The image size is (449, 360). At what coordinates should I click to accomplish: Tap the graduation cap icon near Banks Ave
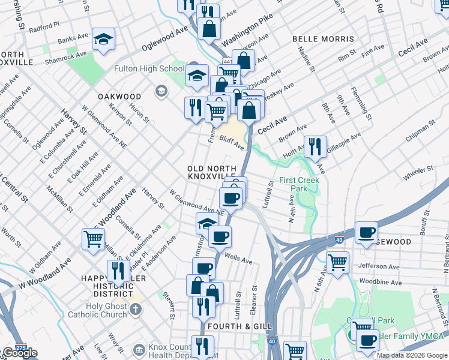pos(103,39)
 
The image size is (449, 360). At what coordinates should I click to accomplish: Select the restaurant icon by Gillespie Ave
pos(315,146)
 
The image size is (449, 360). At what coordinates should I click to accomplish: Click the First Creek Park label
pos(300,184)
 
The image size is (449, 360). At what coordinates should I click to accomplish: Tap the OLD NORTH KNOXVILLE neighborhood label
pos(211,172)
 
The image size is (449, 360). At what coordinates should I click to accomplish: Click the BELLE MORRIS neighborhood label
pos(323,39)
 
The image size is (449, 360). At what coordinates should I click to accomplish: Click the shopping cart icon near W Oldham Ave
pos(93,238)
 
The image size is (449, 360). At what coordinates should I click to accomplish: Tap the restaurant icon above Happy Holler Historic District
pos(118,271)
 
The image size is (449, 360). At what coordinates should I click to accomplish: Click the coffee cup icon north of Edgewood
pos(366,232)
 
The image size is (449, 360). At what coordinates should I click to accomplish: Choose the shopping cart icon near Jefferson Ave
pos(338,262)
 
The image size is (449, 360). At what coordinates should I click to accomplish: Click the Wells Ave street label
pos(238,260)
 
